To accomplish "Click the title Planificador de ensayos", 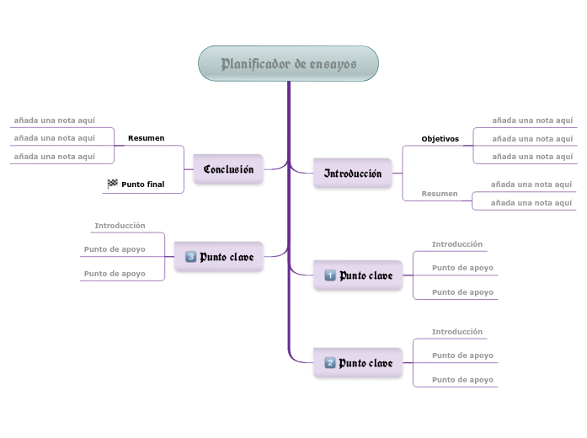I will click(288, 64).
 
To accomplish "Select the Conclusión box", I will click(228, 169).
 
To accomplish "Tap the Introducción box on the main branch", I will click(353, 174).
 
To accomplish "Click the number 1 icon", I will click(330, 275).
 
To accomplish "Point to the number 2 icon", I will click(330, 363).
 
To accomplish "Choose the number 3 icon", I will click(190, 256).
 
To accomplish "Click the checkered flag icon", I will click(113, 184).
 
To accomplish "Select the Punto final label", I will click(143, 184).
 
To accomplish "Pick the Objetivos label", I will click(440, 138).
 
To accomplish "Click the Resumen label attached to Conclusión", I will click(146, 137).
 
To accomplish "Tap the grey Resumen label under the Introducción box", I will click(440, 194).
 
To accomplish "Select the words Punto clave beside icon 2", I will click(366, 363).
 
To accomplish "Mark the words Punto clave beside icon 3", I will click(227, 256).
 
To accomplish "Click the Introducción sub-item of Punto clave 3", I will click(120, 226).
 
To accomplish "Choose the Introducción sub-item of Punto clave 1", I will click(457, 244).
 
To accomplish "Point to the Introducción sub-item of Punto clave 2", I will click(457, 332).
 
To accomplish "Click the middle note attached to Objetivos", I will click(532, 138).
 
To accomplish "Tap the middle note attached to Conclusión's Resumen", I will click(54, 137).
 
